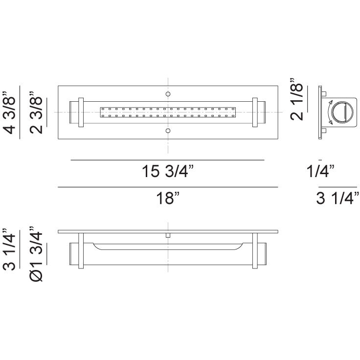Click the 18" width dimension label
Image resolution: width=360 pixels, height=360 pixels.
click(x=168, y=199)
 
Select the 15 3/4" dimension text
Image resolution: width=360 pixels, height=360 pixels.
click(x=167, y=172)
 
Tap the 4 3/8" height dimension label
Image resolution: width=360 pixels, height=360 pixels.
click(x=10, y=112)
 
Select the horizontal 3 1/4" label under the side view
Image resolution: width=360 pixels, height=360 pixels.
click(x=338, y=199)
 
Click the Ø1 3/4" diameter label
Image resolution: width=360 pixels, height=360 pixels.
click(x=37, y=254)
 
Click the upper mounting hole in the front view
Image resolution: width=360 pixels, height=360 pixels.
click(x=168, y=94)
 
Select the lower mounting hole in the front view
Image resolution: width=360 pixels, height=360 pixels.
click(x=168, y=131)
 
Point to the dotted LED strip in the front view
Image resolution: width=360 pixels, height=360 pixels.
click(x=168, y=112)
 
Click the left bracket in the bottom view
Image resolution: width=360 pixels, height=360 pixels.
click(x=82, y=250)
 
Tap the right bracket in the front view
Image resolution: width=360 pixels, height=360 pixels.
click(x=255, y=112)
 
